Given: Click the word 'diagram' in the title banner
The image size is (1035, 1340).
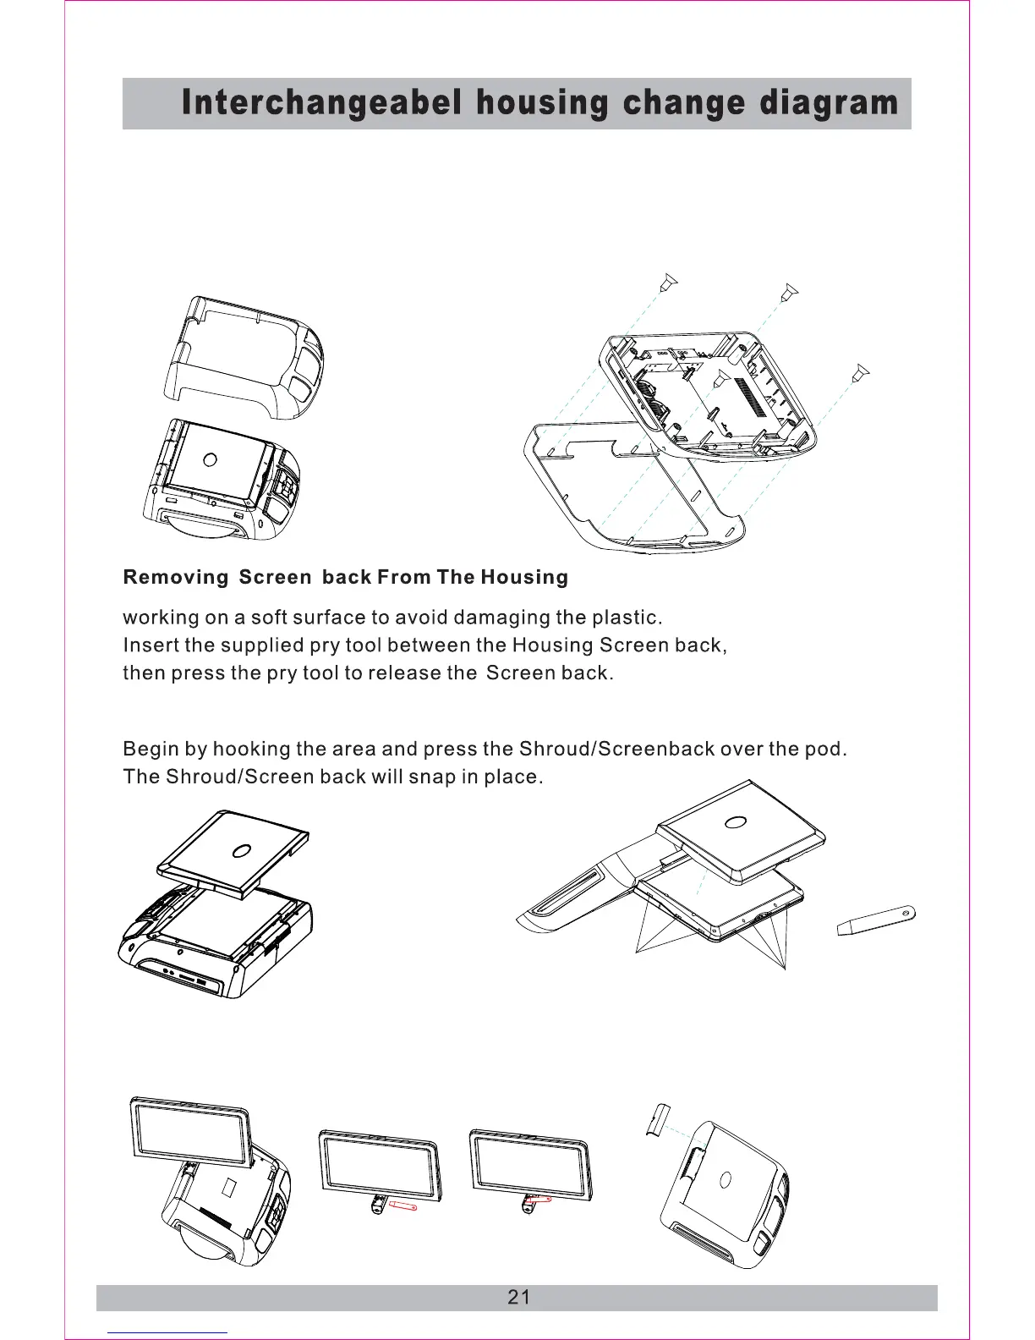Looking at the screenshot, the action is [829, 103].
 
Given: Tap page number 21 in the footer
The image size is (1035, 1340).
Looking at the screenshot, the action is [519, 1298].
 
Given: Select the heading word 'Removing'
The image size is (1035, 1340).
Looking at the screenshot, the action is [176, 578].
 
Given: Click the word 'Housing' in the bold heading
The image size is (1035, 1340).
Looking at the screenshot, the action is [524, 578].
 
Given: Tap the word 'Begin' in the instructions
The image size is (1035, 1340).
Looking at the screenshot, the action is [151, 750].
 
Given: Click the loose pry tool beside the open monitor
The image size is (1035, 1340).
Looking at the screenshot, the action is [876, 920].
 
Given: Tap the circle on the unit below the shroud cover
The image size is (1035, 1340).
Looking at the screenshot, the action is [211, 459].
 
